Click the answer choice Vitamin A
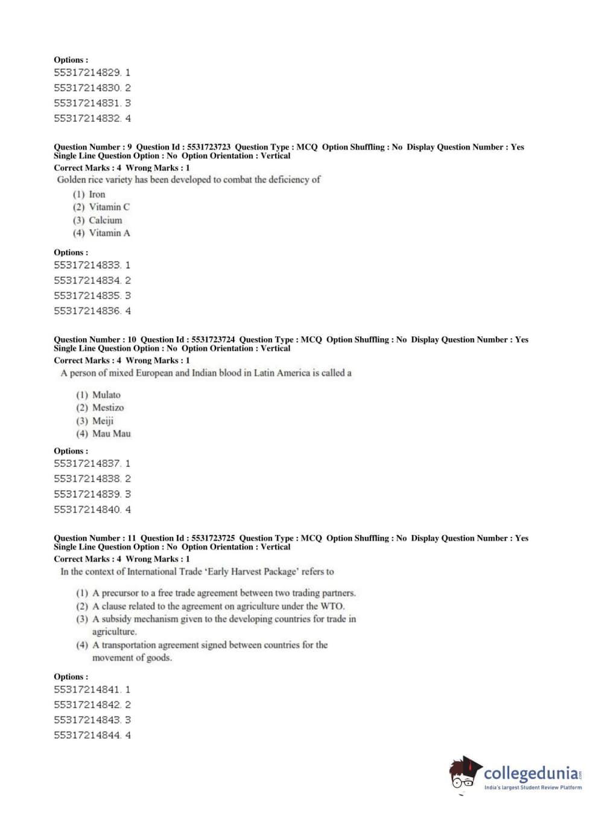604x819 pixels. [x=109, y=233]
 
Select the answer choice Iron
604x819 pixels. [x=97, y=194]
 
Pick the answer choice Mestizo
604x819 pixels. [x=107, y=408]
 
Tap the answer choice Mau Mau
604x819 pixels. [x=111, y=434]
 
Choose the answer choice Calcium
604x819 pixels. [x=105, y=220]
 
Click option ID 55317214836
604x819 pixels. [x=87, y=311]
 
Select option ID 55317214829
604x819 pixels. [x=87, y=72]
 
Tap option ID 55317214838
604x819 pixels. [x=87, y=479]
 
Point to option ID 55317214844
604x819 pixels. [x=87, y=736]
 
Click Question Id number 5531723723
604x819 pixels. [x=209, y=147]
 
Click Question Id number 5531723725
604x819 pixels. [x=213, y=538]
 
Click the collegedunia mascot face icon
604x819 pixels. [x=464, y=773]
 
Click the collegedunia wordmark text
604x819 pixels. [x=531, y=773]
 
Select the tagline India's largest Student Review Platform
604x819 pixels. [x=533, y=788]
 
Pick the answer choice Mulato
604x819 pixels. [x=106, y=395]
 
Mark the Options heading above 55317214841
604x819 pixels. [x=71, y=677]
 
